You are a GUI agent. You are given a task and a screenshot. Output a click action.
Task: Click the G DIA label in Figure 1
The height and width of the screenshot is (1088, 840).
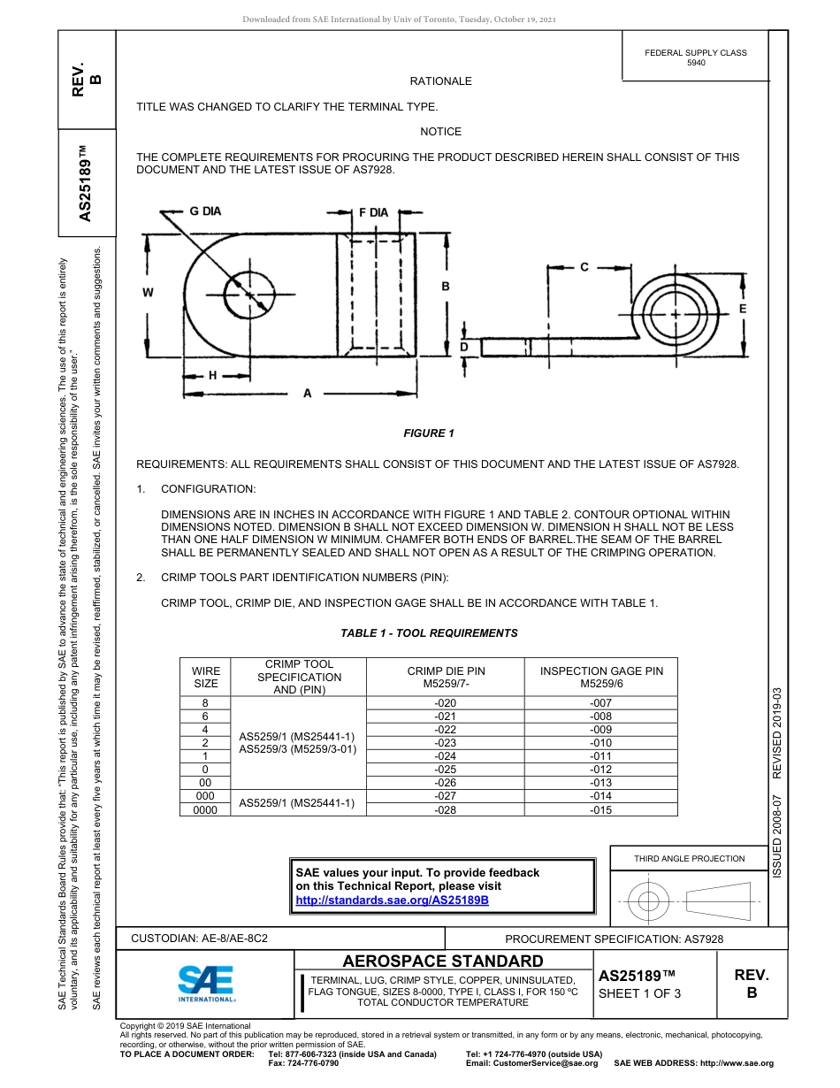[x=204, y=211]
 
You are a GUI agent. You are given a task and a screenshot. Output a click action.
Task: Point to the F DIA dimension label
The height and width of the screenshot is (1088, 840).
[x=372, y=212]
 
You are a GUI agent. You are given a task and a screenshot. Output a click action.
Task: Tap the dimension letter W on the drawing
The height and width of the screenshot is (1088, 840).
[x=148, y=293]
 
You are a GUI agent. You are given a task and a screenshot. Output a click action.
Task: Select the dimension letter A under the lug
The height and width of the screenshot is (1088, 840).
[x=307, y=394]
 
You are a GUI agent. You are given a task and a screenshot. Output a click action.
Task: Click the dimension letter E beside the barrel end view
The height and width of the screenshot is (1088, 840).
[x=742, y=309]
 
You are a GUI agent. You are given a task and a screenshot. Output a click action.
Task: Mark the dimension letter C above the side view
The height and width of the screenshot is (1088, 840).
[x=584, y=267]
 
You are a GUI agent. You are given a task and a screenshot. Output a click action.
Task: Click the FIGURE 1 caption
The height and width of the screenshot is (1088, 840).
[x=428, y=433]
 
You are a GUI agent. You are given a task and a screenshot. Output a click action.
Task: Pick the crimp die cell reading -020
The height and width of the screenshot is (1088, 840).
[x=446, y=702]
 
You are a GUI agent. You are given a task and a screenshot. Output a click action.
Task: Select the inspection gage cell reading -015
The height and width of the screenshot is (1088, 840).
[x=600, y=809]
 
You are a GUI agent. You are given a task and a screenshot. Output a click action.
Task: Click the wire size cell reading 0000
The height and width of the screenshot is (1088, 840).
[x=204, y=809]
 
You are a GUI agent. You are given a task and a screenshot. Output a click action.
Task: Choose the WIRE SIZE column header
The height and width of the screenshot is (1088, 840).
[x=205, y=677]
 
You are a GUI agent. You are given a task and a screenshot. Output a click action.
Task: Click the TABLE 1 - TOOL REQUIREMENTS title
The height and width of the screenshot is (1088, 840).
[x=429, y=633]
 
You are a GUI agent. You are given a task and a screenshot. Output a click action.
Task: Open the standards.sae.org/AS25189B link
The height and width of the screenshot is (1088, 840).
[x=392, y=900]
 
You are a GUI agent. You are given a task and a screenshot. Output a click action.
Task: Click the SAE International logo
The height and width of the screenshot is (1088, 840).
[x=206, y=983]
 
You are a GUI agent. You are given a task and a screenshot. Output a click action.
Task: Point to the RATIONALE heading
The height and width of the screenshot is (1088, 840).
[x=440, y=81]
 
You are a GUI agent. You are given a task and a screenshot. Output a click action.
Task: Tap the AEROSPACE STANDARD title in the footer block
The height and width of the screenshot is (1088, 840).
[x=443, y=962]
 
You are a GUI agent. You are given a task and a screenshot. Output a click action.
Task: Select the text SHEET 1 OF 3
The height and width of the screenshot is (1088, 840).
[x=639, y=993]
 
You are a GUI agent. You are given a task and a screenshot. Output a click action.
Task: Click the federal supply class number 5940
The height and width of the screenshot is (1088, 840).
[x=696, y=63]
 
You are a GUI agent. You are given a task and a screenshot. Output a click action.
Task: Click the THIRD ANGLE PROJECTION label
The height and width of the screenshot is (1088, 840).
[x=689, y=858]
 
